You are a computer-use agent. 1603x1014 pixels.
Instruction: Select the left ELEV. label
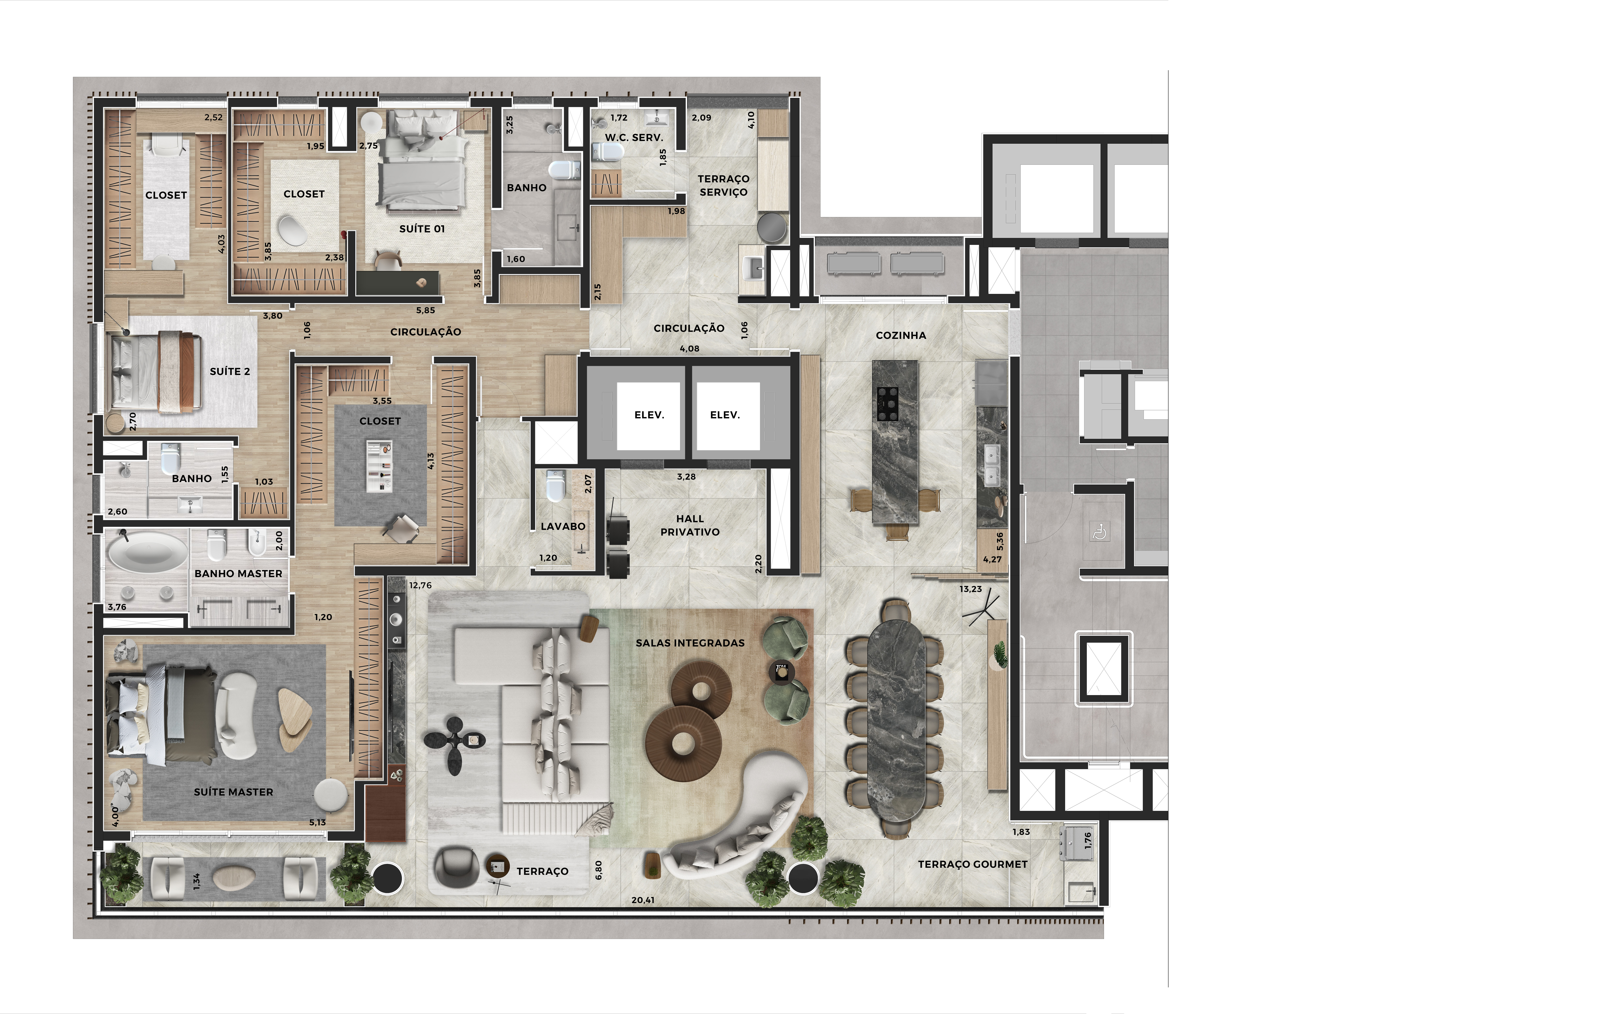[649, 415]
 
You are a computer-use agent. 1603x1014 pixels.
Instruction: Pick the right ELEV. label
[725, 415]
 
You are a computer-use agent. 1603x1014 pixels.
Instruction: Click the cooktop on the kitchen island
[888, 403]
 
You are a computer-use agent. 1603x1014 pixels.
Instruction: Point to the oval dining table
[896, 725]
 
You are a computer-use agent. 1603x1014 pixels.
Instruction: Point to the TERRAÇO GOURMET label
[973, 864]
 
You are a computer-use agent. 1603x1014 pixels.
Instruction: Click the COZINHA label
[901, 335]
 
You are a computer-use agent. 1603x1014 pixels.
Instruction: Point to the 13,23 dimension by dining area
[971, 589]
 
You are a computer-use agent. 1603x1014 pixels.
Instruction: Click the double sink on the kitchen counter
[992, 464]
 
